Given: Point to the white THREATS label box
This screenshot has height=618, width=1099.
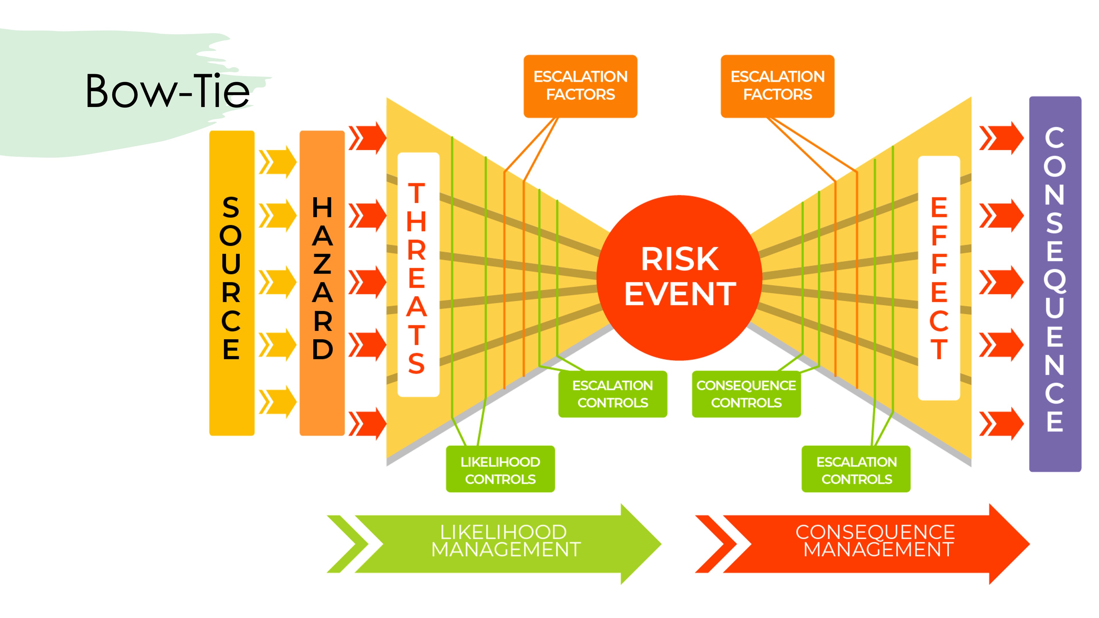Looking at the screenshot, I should click(418, 274).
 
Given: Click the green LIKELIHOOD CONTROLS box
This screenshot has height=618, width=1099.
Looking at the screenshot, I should click(500, 469).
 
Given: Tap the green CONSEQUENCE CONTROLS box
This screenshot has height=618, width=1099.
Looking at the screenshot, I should click(746, 394).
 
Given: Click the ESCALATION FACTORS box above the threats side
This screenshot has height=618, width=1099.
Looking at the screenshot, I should click(580, 86).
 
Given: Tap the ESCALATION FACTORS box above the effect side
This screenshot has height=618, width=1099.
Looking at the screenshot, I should click(777, 86).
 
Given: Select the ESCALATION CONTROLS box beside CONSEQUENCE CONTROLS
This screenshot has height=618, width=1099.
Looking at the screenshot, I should click(613, 394).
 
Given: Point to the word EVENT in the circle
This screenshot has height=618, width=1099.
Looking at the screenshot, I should click(680, 294).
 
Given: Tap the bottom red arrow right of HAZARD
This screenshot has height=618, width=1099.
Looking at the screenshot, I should click(367, 423).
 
